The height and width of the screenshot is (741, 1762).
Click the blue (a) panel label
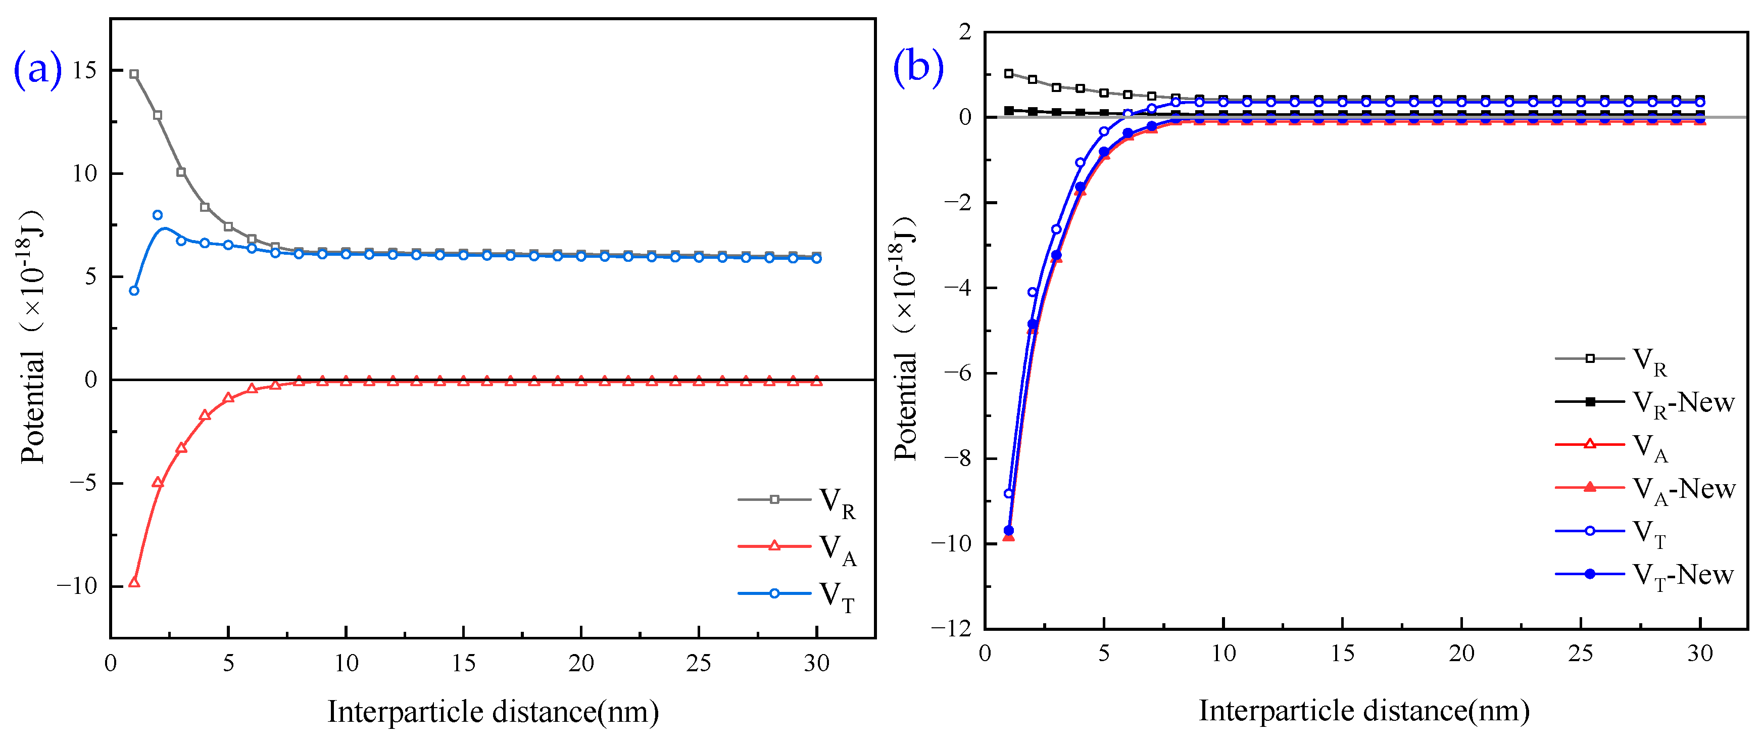(37, 69)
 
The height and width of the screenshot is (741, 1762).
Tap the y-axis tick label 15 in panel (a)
(85, 70)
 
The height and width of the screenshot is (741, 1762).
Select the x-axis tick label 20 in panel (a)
(581, 663)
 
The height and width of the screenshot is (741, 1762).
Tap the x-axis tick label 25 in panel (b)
(1580, 654)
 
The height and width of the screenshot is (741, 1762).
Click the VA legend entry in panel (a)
(797, 548)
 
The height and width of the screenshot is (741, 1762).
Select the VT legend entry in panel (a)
(797, 594)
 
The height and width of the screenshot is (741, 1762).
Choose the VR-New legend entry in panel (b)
(1644, 403)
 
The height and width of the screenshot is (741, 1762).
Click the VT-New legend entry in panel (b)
(1644, 575)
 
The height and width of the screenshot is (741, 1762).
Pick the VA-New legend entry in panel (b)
(1644, 489)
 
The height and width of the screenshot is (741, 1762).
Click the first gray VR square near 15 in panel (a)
(134, 74)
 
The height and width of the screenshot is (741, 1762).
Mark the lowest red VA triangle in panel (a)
(134, 582)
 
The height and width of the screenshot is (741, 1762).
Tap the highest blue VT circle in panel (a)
(157, 215)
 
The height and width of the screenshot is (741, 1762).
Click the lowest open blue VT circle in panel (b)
(1008, 493)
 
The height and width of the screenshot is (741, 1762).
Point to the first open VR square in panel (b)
(1008, 73)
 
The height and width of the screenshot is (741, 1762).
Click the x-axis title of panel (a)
(493, 712)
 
